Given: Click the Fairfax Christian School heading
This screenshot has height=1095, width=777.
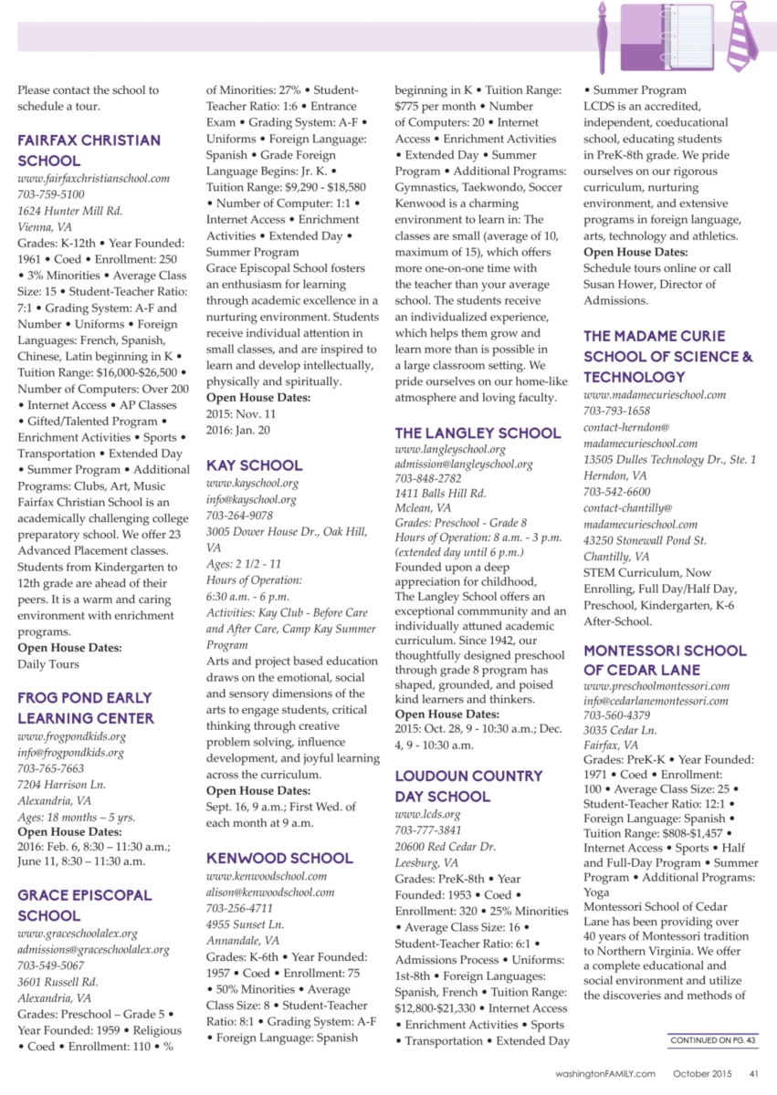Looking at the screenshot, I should pyautogui.click(x=89, y=151).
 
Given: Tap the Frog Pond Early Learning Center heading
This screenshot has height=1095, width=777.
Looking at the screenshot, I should pyautogui.click(x=86, y=707).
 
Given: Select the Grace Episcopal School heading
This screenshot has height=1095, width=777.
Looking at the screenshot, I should pyautogui.click(x=85, y=904).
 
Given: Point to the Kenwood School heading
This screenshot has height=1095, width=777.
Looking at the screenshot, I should pyautogui.click(x=279, y=858).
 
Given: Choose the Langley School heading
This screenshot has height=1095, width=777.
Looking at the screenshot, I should pyautogui.click(x=478, y=433).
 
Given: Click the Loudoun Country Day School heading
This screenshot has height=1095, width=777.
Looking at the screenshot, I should pyautogui.click(x=468, y=786).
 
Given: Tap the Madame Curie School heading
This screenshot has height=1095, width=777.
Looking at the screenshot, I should pyautogui.click(x=668, y=356).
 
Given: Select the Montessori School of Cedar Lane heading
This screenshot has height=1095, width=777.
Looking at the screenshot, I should pyautogui.click(x=665, y=660).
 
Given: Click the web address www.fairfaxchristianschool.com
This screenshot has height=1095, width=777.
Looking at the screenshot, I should pyautogui.click(x=89, y=179).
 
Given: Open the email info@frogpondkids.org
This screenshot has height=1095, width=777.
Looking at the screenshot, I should pyautogui.click(x=70, y=753).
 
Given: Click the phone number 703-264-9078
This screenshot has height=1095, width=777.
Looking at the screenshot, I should pyautogui.click(x=239, y=516).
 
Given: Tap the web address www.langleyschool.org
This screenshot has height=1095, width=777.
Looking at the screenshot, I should pyautogui.click(x=449, y=450).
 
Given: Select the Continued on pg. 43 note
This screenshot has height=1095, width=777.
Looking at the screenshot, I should pyautogui.click(x=711, y=1040).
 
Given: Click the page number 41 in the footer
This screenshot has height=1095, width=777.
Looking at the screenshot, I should pyautogui.click(x=753, y=1073).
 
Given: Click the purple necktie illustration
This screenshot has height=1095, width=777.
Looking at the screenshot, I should pyautogui.click(x=742, y=36).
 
